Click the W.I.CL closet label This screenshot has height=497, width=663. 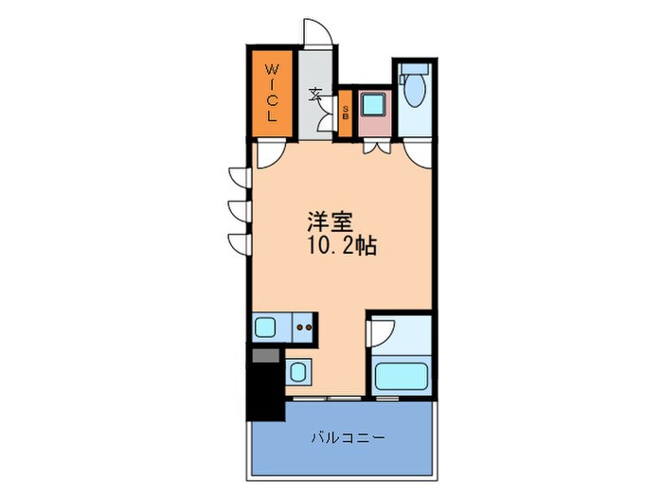[271, 94]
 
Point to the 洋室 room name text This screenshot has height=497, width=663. [329, 223]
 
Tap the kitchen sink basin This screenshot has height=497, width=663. [265, 328]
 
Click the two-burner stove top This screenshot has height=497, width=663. [305, 328]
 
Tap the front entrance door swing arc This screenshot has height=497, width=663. [317, 30]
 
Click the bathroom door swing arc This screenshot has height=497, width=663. [380, 332]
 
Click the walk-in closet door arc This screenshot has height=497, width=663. [268, 154]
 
